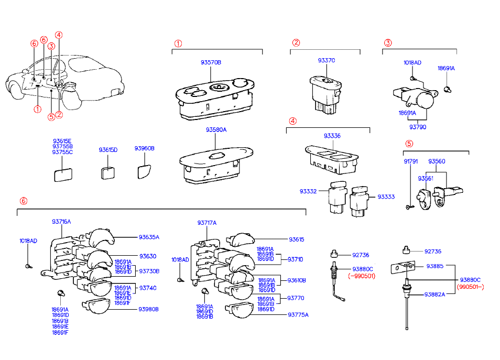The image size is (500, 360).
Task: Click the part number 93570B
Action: click(x=211, y=62)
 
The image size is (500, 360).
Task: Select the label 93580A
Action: click(x=216, y=129)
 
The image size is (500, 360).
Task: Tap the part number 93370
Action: click(x=326, y=61)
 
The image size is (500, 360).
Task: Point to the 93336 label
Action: click(x=332, y=136)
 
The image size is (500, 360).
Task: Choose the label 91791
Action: click(x=410, y=161)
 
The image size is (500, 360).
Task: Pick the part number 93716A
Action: click(x=61, y=222)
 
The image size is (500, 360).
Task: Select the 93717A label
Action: click(x=207, y=223)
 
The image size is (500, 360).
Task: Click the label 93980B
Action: click(x=148, y=309)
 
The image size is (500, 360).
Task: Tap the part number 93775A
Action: click(x=298, y=315)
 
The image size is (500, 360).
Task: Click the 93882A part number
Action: click(x=434, y=294)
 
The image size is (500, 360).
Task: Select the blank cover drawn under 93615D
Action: click(x=108, y=172)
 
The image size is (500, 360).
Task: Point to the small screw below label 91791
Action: click(x=408, y=208)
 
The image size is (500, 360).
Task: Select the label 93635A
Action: click(x=149, y=237)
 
